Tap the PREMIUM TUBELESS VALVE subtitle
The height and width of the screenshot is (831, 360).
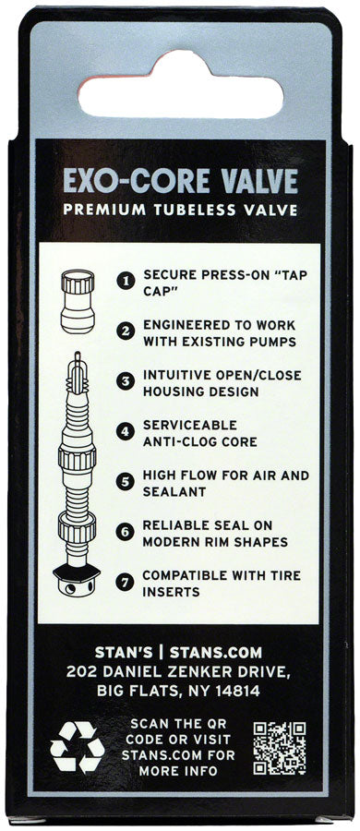click(x=180, y=210)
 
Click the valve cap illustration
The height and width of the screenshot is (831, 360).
click(x=78, y=300)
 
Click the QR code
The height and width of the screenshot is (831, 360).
click(x=279, y=748)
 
